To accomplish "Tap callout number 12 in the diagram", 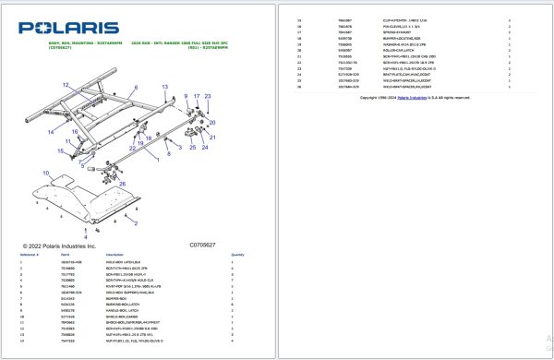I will point(66,85).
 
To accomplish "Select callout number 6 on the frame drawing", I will point(135,88).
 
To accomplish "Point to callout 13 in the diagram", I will point(166,86).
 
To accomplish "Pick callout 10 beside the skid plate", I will point(45,173).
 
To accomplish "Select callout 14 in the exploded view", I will point(51,132).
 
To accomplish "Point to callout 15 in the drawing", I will point(59,150).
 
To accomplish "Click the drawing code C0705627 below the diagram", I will point(202,245).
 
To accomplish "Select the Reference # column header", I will point(29,254).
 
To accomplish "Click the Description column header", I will point(114,254).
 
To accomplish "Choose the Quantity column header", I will point(237,254).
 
